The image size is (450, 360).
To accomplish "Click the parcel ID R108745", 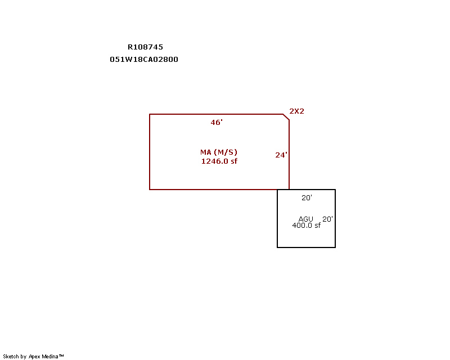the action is click(x=145, y=47).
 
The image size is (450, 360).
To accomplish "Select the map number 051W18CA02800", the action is click(x=144, y=60).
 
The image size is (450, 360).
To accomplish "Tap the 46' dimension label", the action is click(x=217, y=122).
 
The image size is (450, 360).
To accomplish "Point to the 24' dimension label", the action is click(x=281, y=155).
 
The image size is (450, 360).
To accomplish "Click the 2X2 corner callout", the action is click(x=296, y=111).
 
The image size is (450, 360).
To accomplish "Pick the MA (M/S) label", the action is click(x=219, y=152).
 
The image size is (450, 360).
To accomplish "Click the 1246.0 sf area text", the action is click(x=219, y=161).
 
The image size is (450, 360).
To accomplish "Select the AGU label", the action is click(x=305, y=219).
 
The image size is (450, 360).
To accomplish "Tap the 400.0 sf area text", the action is click(x=306, y=226).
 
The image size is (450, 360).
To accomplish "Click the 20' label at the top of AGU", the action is click(x=307, y=197).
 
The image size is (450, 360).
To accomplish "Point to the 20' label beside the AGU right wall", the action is click(x=327, y=219).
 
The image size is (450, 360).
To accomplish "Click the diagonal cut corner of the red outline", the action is click(x=286, y=117).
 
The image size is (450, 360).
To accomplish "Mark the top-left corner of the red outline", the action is click(x=150, y=114).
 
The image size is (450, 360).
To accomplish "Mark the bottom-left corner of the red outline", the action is click(x=150, y=190).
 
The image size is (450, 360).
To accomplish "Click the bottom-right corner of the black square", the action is click(x=335, y=247).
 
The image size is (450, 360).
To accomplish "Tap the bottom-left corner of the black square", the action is click(x=277, y=247).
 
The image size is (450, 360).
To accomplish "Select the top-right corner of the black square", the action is click(x=335, y=190).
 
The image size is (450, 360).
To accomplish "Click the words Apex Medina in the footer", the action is click(x=43, y=357).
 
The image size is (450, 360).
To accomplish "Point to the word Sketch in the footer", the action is click(x=11, y=357).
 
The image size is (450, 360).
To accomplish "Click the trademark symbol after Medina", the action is click(x=61, y=355).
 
